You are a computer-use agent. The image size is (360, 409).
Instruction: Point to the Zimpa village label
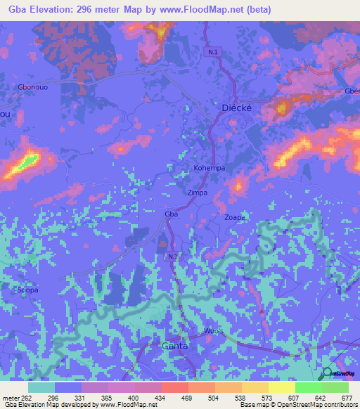pyautogui.click(x=198, y=192)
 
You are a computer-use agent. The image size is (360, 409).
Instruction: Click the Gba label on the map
pyautogui.click(x=169, y=213)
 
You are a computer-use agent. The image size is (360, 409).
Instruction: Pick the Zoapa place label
pyautogui.click(x=234, y=218)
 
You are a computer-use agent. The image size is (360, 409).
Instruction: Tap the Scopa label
pyautogui.click(x=28, y=290)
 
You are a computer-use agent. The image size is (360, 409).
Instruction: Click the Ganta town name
pyautogui.click(x=175, y=346)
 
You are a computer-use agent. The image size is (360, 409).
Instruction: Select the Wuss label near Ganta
pyautogui.click(x=212, y=330)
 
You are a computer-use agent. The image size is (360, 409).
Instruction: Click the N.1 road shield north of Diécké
pyautogui.click(x=213, y=52)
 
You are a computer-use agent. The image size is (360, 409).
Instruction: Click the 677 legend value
pyautogui.click(x=345, y=397)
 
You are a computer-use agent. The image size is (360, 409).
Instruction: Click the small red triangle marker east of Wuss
pyautogui.click(x=262, y=310)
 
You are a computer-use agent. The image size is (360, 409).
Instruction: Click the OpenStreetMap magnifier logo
pyautogui.click(x=327, y=374)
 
